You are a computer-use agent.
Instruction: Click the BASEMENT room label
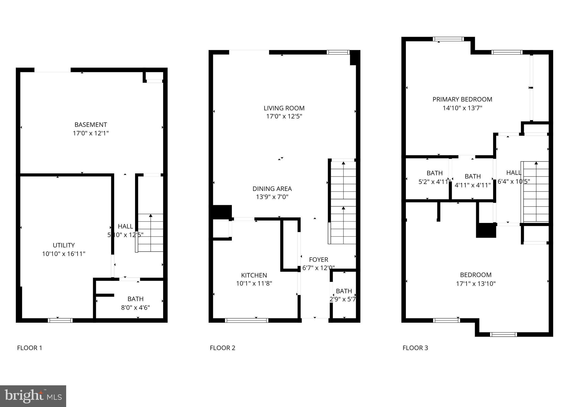tap(91, 125)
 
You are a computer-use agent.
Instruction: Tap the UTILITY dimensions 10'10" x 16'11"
tap(64, 254)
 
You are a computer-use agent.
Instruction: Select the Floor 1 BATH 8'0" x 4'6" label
tap(135, 303)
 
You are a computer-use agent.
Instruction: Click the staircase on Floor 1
tap(150, 233)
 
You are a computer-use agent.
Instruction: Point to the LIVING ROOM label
tap(284, 108)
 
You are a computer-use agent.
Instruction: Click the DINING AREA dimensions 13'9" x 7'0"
tap(272, 197)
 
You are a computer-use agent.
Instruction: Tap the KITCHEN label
tap(254, 275)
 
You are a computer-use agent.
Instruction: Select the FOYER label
tap(319, 260)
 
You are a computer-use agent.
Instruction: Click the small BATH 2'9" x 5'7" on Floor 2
tap(344, 295)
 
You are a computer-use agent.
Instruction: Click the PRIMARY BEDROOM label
tap(462, 99)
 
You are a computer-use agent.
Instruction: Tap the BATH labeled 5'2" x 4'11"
tap(434, 177)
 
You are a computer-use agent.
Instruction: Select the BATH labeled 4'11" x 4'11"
tap(473, 180)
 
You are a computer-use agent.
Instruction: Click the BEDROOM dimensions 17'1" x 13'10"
tap(476, 284)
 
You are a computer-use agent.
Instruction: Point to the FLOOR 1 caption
tap(29, 348)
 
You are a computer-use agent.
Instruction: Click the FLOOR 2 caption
tap(222, 348)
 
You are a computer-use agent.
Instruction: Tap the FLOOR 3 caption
tap(415, 348)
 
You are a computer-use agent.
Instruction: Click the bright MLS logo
tap(33, 396)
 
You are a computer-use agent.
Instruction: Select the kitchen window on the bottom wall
tap(247, 321)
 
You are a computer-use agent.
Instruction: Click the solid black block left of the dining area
tap(222, 212)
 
